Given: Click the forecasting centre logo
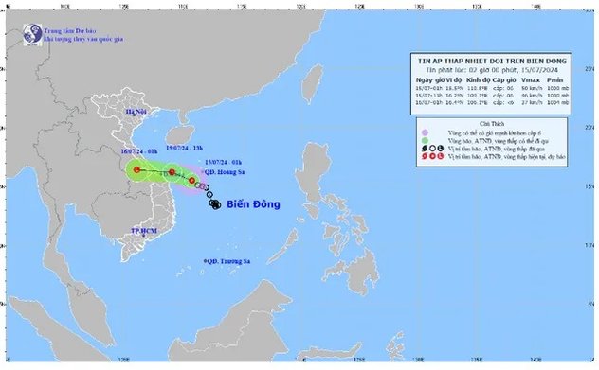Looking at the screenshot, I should click(30, 34).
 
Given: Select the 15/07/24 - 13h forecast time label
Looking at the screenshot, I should click(185, 149).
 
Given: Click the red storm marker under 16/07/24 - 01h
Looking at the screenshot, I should click(137, 170).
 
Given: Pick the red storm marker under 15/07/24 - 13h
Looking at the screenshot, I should click(173, 173).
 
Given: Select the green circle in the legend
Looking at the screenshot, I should click(426, 142).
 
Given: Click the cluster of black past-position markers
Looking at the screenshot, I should click(214, 203).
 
